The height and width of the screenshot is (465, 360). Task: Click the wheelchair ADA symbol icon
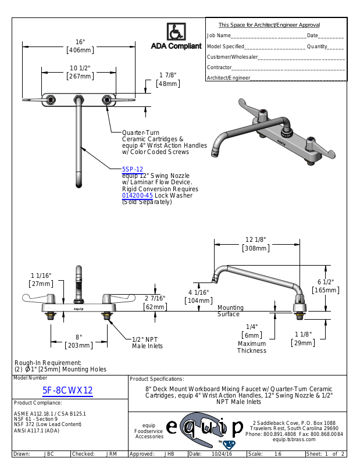pyautogui.click(x=176, y=31)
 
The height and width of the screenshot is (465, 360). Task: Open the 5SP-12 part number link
pyautogui.click(x=133, y=169)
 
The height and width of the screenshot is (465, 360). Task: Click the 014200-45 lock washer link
pyautogui.click(x=137, y=195)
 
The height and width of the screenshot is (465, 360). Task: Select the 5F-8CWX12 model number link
pyautogui.click(x=67, y=390)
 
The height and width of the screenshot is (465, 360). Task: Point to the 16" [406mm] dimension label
pyautogui.click(x=80, y=46)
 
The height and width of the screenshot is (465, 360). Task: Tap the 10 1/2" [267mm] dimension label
pyautogui.click(x=80, y=72)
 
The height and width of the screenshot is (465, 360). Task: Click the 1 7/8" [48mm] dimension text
pyautogui.click(x=168, y=80)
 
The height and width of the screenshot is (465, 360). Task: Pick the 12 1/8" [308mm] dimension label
pyautogui.click(x=256, y=244)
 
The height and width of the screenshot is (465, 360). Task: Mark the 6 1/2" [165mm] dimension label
pyautogui.click(x=326, y=286)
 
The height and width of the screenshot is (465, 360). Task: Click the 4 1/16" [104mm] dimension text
pyautogui.click(x=198, y=296)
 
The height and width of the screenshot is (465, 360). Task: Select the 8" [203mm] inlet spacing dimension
pyautogui.click(x=79, y=341)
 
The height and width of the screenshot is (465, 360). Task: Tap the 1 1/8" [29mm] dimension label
pyautogui.click(x=303, y=339)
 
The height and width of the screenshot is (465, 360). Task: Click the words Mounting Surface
pyautogui.click(x=230, y=311)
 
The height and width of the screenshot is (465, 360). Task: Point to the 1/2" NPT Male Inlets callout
pyautogui.click(x=147, y=342)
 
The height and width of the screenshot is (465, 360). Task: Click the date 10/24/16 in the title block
pyautogui.click(x=222, y=454)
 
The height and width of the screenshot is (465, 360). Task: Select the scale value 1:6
pyautogui.click(x=278, y=454)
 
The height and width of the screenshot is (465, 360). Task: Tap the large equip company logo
pyautogui.click(x=205, y=428)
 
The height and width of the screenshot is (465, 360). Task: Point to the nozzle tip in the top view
pyautogui.click(x=79, y=185)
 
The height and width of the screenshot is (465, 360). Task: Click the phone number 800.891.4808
pyautogui.click(x=280, y=434)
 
